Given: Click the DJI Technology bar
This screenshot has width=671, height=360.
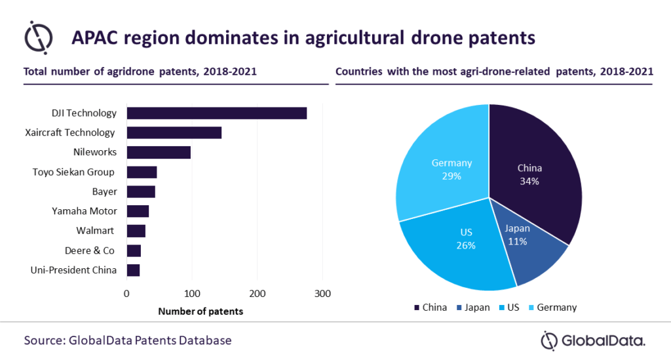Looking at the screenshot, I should (x=216, y=113).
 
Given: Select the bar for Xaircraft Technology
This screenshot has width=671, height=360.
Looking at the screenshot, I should (x=174, y=132).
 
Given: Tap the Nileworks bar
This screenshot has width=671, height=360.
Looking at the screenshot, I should (x=159, y=152).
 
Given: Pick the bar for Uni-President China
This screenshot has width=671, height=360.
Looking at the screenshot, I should (x=133, y=270).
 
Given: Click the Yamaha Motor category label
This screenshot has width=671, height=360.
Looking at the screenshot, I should (x=85, y=211).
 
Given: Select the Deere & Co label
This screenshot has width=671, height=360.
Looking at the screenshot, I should (x=89, y=250).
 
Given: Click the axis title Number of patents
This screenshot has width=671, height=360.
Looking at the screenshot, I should (x=201, y=311).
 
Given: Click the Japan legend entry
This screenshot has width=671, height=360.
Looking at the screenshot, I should (x=472, y=307).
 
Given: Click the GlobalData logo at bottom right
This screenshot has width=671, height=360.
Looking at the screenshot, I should (x=592, y=340).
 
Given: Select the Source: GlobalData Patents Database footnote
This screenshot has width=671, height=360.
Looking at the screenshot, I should (x=128, y=340).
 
